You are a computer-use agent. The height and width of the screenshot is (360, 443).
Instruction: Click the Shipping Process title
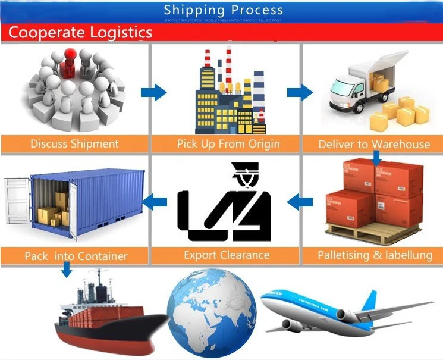click(x=224, y=10)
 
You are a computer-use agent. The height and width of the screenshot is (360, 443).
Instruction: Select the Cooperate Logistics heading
click(x=80, y=32)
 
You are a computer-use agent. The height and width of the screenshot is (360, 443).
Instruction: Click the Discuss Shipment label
click(x=74, y=143)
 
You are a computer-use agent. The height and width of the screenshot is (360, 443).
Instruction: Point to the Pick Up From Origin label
click(x=228, y=143)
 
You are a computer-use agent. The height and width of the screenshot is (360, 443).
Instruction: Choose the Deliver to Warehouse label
click(x=374, y=144)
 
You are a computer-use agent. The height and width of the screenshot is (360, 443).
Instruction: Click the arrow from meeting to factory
click(x=153, y=92)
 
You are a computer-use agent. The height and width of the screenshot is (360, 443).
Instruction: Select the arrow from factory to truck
click(x=300, y=92)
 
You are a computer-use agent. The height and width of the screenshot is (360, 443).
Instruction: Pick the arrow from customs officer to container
click(x=156, y=202)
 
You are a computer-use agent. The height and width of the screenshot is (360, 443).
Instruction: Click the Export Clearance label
click(x=227, y=255)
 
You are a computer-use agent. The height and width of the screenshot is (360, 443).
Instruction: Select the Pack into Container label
click(x=76, y=256)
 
